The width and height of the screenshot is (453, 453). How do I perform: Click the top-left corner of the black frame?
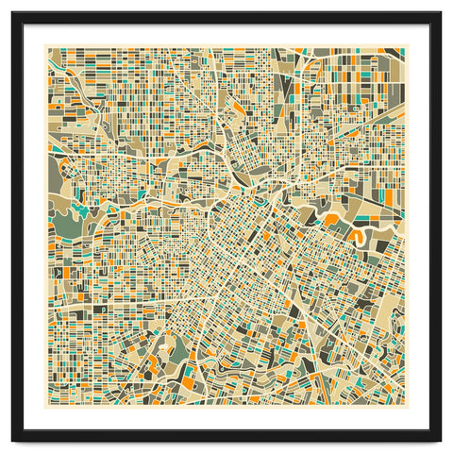[12, 13]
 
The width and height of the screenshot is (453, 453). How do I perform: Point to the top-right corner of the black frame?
[441, 13]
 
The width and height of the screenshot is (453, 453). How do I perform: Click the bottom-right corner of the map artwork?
[406, 407]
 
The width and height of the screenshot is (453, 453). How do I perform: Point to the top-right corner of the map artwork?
[406, 48]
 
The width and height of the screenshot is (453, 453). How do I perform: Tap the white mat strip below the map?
[226, 419]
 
